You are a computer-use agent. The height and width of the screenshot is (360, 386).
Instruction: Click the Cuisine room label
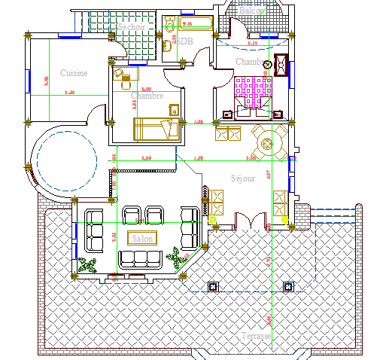pyautogui.click(x=74, y=73)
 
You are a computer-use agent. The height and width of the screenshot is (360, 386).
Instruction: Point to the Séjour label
pyautogui.click(x=243, y=178)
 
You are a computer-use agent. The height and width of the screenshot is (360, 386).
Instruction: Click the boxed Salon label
pyautogui.click(x=141, y=238)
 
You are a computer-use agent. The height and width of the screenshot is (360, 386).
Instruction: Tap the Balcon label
pyautogui.click(x=252, y=11)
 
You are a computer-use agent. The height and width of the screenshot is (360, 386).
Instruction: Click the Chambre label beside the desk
pyautogui.click(x=147, y=96)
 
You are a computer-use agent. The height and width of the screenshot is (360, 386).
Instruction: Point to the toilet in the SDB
pyautogui.click(x=170, y=26)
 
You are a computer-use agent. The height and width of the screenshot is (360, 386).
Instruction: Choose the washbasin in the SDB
pyautogui.click(x=167, y=45)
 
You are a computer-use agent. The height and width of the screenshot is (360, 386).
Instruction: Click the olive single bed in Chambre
pyautogui.click(x=157, y=129)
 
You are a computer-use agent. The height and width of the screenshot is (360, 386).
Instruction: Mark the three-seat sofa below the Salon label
pyautogui.click(x=141, y=258)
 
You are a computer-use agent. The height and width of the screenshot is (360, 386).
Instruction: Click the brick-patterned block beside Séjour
pyautogui.click(x=302, y=216)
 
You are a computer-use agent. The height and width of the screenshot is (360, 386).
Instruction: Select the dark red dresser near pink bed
pyautogui.click(x=282, y=66)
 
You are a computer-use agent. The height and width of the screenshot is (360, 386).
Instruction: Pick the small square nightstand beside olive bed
pyautogui.click(x=173, y=109)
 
